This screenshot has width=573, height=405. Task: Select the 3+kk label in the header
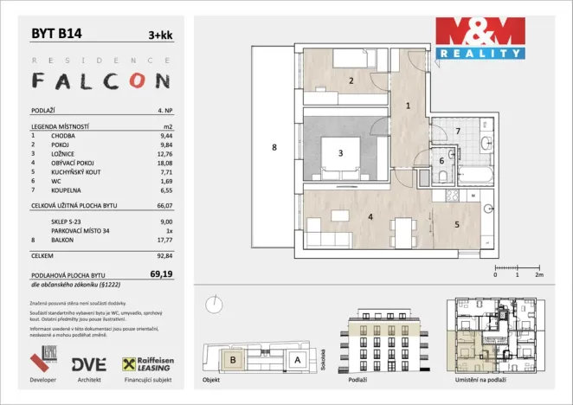click(x=159, y=35)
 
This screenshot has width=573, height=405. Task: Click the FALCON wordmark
click(x=100, y=81)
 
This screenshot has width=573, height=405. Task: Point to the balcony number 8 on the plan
click(x=274, y=148)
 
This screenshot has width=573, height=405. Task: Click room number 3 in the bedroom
click(x=341, y=153)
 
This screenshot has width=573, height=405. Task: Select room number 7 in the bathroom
click(x=457, y=131)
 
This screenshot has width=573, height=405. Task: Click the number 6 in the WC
click(x=441, y=161)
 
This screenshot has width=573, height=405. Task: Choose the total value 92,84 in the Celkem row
click(x=160, y=256)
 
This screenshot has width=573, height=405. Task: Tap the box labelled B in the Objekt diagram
click(x=231, y=360)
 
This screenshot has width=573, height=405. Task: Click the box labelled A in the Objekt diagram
click(x=297, y=359)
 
